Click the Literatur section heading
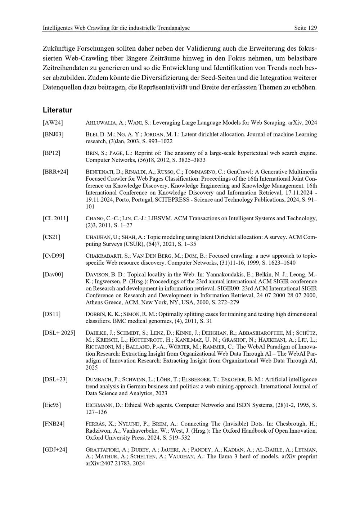click(57, 110)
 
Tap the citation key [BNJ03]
click(53, 134)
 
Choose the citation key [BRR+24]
click(55, 172)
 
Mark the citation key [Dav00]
click(53, 274)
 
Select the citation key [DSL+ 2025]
click(59, 333)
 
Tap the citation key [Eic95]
click(52, 405)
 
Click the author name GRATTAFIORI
click(103, 450)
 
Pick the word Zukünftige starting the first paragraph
click(58, 48)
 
